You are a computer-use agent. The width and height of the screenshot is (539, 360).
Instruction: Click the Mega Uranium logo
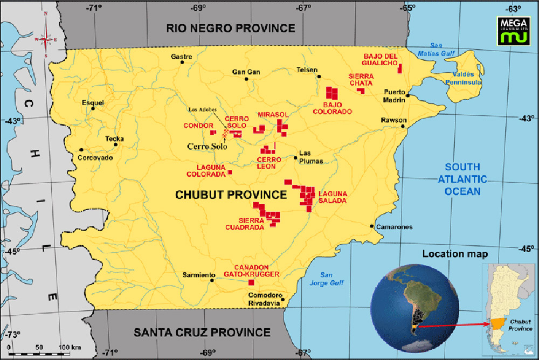[513, 30]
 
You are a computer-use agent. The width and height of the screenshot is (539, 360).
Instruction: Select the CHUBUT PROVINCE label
[231, 195]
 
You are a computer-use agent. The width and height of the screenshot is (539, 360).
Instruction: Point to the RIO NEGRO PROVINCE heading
[231, 28]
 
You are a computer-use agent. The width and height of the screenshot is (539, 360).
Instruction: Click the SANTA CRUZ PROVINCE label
[202, 332]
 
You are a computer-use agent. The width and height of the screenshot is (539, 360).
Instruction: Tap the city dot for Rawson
[403, 126]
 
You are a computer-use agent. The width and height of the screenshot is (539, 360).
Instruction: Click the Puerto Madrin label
[394, 95]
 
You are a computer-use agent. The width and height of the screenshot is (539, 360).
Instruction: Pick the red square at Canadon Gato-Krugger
[251, 282]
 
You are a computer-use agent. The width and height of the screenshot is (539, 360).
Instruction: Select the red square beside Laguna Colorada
[230, 172]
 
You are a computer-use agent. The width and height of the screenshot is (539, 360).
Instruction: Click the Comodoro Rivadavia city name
[264, 299]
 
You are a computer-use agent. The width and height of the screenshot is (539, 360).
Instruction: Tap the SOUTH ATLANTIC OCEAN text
[462, 179]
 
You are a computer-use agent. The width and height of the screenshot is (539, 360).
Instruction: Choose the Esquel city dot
[93, 108]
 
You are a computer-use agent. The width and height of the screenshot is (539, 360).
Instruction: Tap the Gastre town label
[181, 57]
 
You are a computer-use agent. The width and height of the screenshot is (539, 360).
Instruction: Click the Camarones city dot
[372, 226]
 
